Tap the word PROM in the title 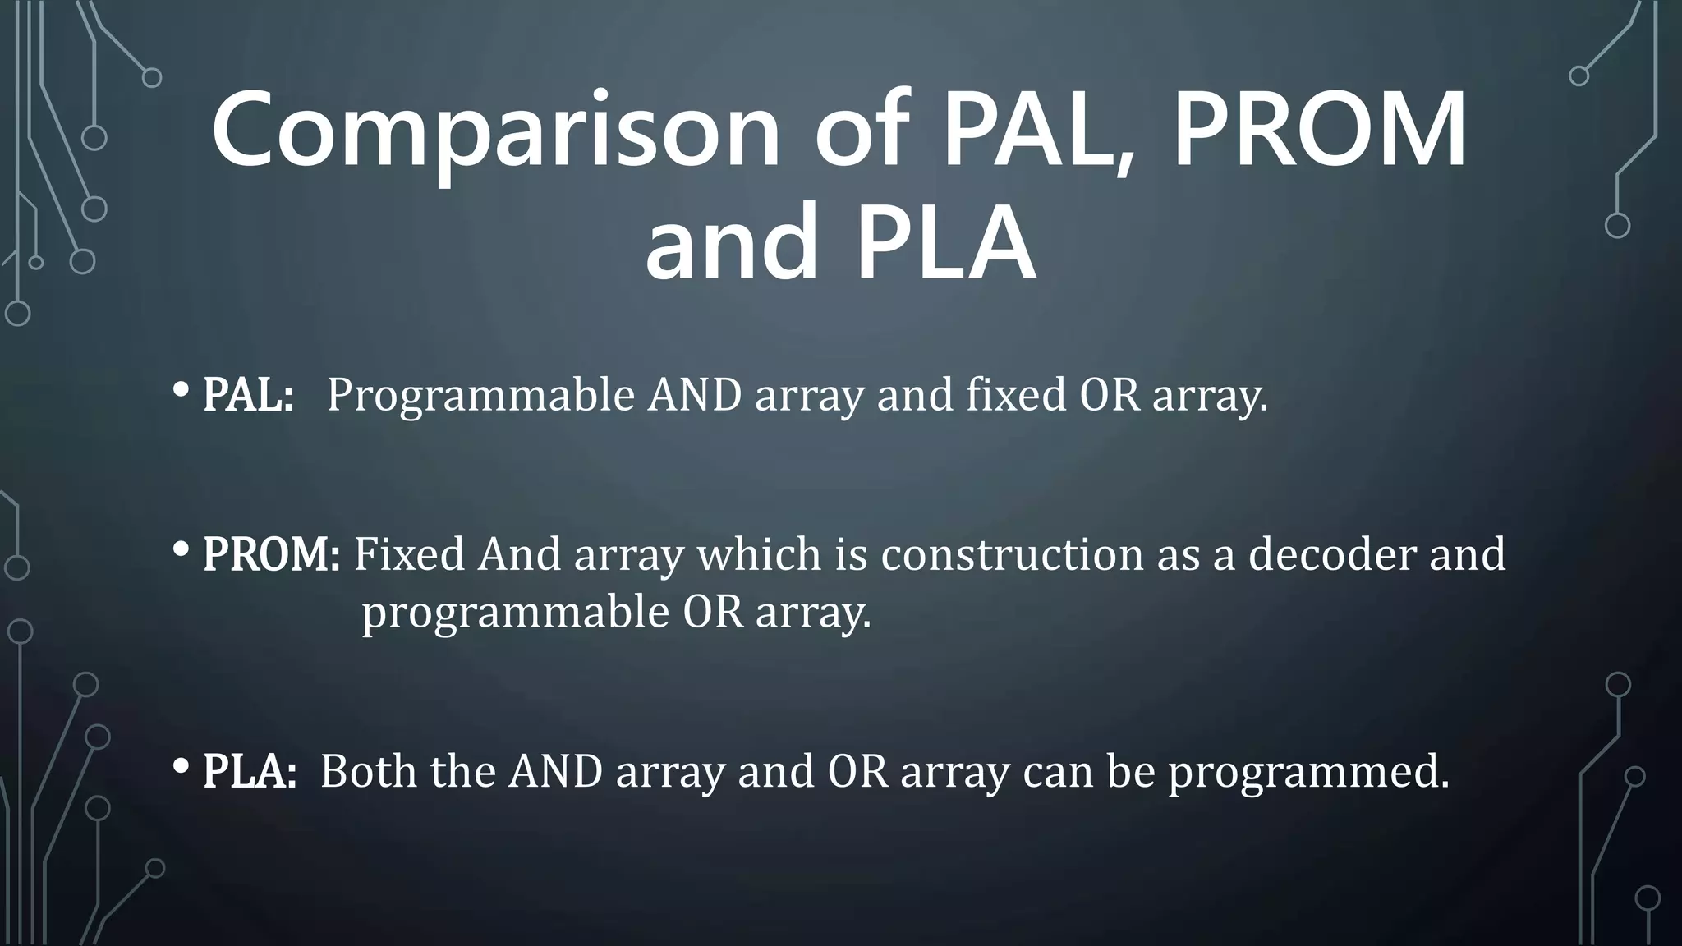tap(1319, 131)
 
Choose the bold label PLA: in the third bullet tap(249, 771)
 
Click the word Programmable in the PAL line tap(480, 397)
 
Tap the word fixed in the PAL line tap(1015, 395)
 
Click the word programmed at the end tap(1309, 773)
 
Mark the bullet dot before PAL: tap(182, 392)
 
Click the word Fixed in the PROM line tap(409, 554)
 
